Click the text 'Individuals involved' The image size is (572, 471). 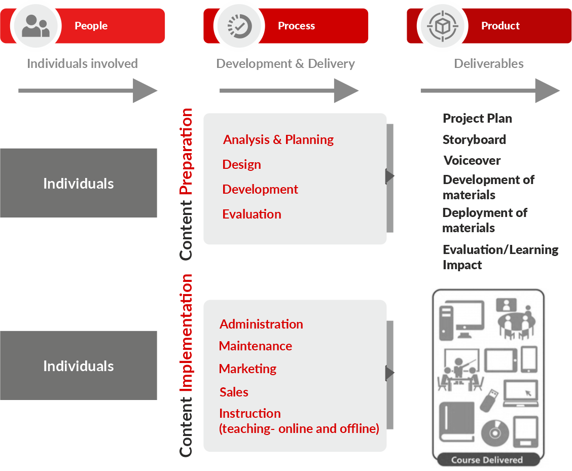82,63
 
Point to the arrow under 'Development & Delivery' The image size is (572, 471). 289,91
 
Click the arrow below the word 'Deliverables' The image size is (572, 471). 490,91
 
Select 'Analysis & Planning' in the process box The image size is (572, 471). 278,139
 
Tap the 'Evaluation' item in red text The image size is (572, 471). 252,214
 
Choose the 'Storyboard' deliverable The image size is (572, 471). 474,139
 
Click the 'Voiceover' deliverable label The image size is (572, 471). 472,160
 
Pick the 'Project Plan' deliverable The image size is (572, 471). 477,118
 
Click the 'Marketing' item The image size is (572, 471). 247,369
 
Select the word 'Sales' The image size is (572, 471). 234,392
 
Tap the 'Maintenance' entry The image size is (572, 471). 256,346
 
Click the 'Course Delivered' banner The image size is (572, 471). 487,460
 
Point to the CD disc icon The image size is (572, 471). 494,432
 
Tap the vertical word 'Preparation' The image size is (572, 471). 187,152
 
